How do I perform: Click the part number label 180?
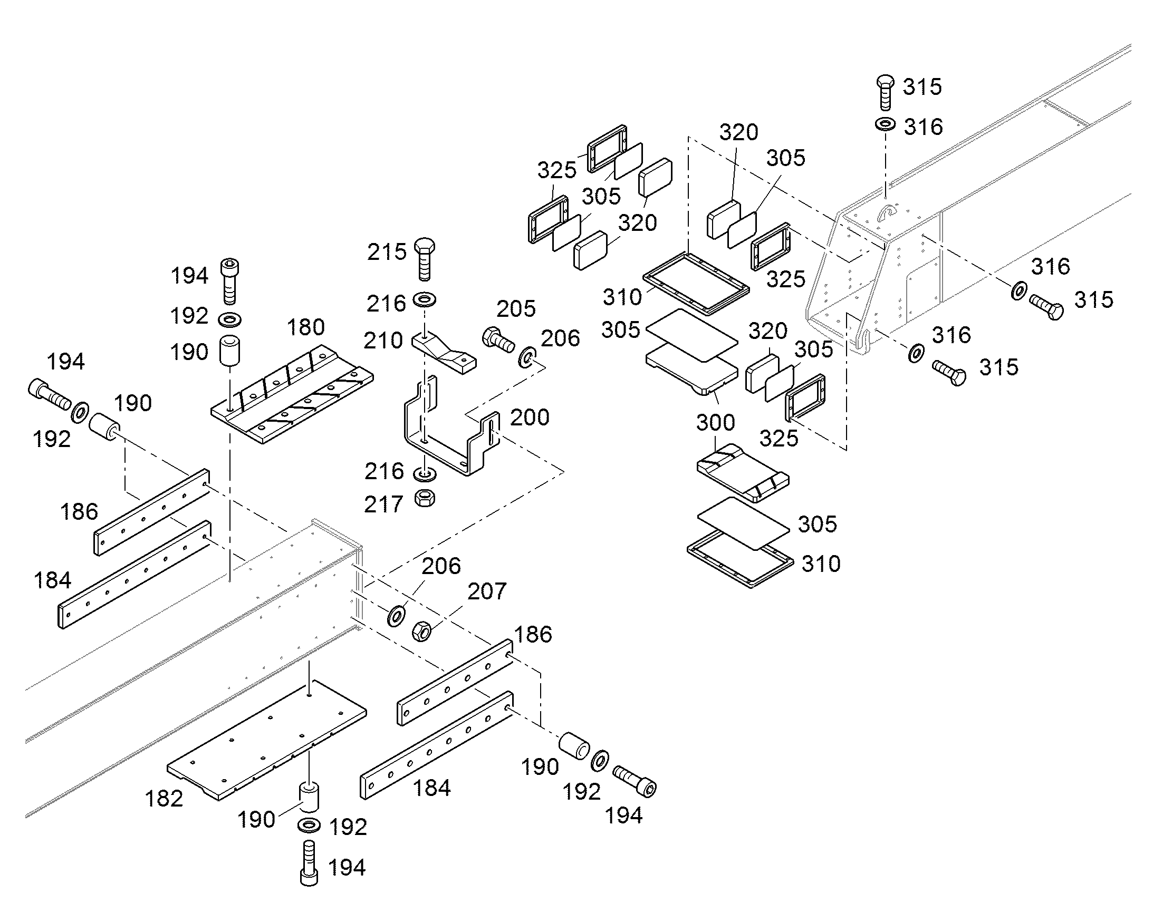pyautogui.click(x=306, y=327)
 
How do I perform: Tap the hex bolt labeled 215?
pyautogui.click(x=425, y=259)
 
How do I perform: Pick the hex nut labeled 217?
pyautogui.click(x=425, y=498)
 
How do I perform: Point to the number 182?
pyautogui.click(x=164, y=798)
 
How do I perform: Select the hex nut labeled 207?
pyautogui.click(x=421, y=630)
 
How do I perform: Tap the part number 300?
pyautogui.click(x=715, y=422)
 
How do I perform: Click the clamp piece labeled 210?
pyautogui.click(x=444, y=353)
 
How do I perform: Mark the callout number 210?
pyautogui.click(x=383, y=341)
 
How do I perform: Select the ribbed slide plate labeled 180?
pyautogui.click(x=292, y=394)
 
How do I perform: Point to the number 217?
pyautogui.click(x=383, y=505)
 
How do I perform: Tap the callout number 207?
pyautogui.click(x=487, y=591)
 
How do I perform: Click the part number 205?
pyautogui.click(x=516, y=309)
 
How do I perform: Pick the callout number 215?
pyautogui.click(x=387, y=252)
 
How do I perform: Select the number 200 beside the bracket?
pyautogui.click(x=530, y=417)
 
